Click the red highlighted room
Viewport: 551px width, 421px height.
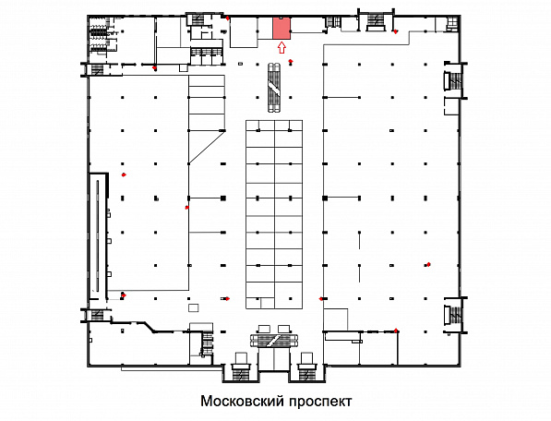pos(281,28)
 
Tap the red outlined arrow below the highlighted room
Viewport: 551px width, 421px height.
pos(281,47)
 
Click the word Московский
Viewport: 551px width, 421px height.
pos(242,401)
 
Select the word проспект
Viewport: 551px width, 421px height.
pos(320,402)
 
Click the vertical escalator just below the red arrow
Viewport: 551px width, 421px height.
pos(274,88)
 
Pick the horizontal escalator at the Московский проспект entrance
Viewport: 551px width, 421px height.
pos(275,340)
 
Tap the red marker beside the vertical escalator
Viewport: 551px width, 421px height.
pos(291,62)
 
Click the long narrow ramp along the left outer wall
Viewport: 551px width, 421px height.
pos(98,235)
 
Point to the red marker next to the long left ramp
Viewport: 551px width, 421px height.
pos(124,174)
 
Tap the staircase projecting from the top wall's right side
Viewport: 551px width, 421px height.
pos(376,22)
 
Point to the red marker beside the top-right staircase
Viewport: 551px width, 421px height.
pos(396,31)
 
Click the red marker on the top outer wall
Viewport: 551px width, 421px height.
pos(228,18)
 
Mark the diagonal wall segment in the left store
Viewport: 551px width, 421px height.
pos(206,147)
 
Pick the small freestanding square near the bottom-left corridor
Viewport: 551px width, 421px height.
pos(193,307)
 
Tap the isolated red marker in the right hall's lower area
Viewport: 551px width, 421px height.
pos(428,264)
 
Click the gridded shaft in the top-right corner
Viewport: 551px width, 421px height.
pos(452,24)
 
